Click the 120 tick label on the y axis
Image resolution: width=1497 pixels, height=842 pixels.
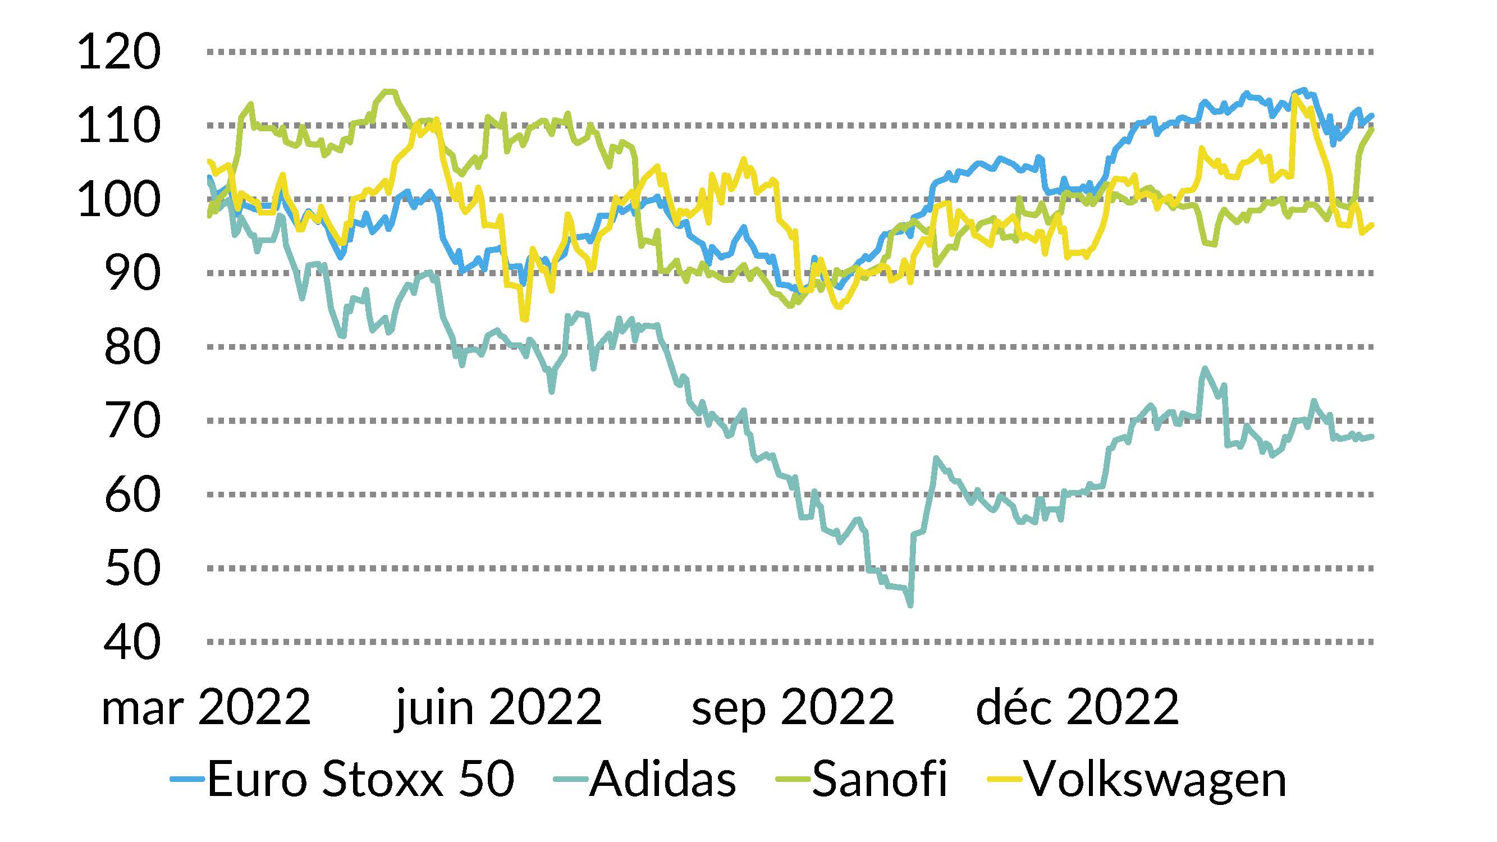pyautogui.click(x=118, y=52)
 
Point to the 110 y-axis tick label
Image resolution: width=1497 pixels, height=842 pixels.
pyautogui.click(x=118, y=126)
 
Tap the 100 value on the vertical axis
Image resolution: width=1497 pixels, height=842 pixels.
pyautogui.click(x=118, y=200)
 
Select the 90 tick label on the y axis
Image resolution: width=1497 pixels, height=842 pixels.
pyautogui.click(x=132, y=274)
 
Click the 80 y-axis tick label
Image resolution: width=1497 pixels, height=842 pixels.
pyautogui.click(x=132, y=347)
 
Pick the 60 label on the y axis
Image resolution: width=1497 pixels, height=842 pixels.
pyautogui.click(x=132, y=495)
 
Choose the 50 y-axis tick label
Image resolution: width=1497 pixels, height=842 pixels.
pyautogui.click(x=132, y=568)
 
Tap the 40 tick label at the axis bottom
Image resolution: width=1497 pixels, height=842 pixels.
pyautogui.click(x=132, y=642)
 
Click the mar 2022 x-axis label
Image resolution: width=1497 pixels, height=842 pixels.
pyautogui.click(x=207, y=707)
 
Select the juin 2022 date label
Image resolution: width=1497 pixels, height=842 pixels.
pyautogui.click(x=498, y=707)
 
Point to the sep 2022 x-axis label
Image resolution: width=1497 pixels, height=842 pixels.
pyautogui.click(x=793, y=707)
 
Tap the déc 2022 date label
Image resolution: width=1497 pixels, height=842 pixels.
pyautogui.click(x=1077, y=707)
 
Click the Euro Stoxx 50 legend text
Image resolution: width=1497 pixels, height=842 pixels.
pyautogui.click(x=361, y=779)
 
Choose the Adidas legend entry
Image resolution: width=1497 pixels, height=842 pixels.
pyautogui.click(x=662, y=779)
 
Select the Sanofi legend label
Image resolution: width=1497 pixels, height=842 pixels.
pyautogui.click(x=879, y=779)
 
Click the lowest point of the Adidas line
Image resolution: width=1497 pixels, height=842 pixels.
pyautogui.click(x=910, y=606)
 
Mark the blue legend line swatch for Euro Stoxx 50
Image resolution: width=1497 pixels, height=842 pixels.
pyautogui.click(x=187, y=779)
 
